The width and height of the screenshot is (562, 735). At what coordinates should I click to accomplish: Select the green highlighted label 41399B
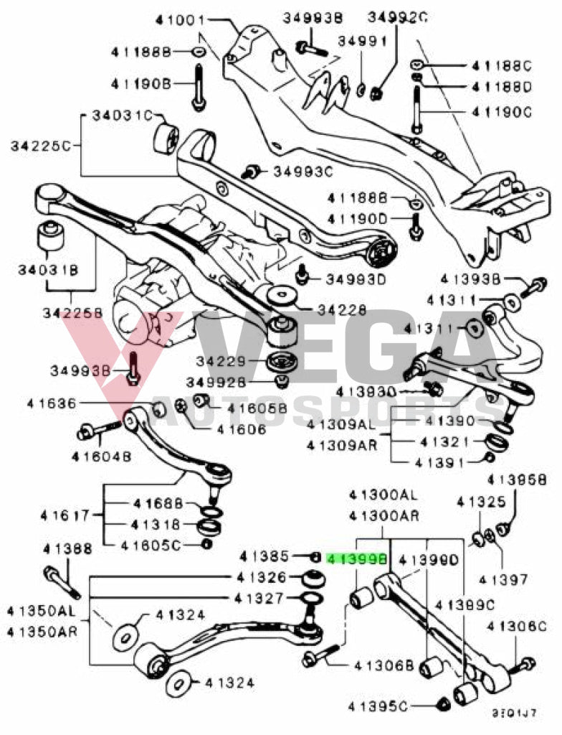[356, 557]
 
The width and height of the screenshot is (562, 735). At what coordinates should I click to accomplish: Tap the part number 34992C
[397, 18]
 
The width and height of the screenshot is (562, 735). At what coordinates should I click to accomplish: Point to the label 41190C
[502, 112]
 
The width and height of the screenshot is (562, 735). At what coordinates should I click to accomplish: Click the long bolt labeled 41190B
[198, 86]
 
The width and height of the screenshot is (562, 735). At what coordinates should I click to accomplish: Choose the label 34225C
[41, 146]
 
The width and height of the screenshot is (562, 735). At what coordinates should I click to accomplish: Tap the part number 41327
[259, 597]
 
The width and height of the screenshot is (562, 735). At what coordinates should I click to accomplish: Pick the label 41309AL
[341, 424]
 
